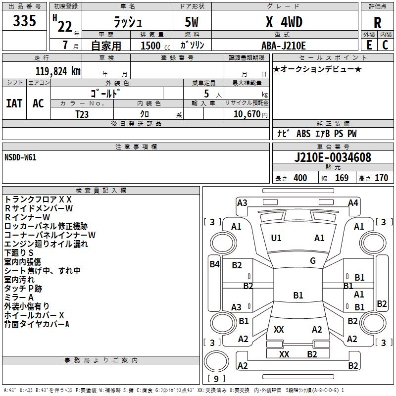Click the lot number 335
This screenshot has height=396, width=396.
[x=25, y=21]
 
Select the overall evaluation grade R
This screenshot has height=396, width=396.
[x=377, y=22]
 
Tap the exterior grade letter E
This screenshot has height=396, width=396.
[x=369, y=45]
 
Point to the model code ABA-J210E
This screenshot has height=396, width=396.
[x=284, y=46]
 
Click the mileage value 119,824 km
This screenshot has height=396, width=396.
[x=58, y=71]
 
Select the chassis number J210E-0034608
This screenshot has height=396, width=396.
[x=333, y=158]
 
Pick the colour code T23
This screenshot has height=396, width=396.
[x=82, y=113]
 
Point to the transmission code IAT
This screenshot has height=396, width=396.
[x=14, y=103]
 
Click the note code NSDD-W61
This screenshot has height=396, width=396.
[x=20, y=157]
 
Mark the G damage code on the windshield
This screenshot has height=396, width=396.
[x=312, y=260]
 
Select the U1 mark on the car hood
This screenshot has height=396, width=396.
[x=276, y=238]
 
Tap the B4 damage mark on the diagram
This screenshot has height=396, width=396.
[x=214, y=264]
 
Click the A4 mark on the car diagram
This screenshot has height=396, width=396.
[x=353, y=202]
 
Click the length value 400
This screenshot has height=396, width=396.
[x=300, y=178]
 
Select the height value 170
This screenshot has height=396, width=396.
[x=381, y=178]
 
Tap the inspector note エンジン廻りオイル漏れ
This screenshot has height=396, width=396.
[x=46, y=244]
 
